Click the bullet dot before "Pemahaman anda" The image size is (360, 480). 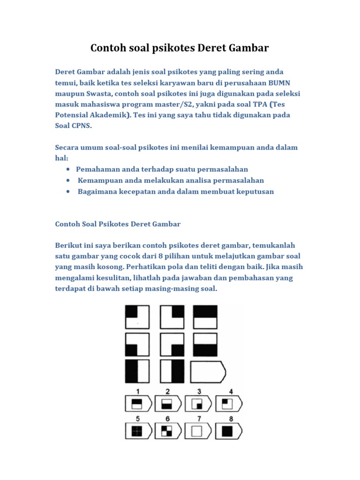[69, 169]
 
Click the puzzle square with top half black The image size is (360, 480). [205, 317]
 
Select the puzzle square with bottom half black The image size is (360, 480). [205, 345]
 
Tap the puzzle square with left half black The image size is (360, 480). [137, 372]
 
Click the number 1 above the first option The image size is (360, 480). [137, 391]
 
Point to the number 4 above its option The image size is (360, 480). [230, 391]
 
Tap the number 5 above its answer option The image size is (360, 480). [138, 419]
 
